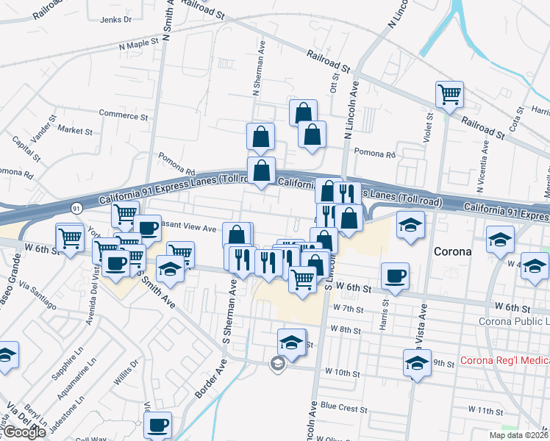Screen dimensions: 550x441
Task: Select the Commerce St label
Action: click(x=118, y=114)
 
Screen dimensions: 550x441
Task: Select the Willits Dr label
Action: click(x=124, y=373)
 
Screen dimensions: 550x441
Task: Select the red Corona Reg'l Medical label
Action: click(x=504, y=361)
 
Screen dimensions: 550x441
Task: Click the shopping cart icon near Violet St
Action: click(x=449, y=93)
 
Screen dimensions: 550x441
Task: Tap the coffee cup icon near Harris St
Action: click(x=396, y=276)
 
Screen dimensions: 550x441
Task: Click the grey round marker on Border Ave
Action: click(x=277, y=362)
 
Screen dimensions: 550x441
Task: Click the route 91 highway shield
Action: click(x=77, y=209)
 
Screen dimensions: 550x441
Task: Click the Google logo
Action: click(x=24, y=432)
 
